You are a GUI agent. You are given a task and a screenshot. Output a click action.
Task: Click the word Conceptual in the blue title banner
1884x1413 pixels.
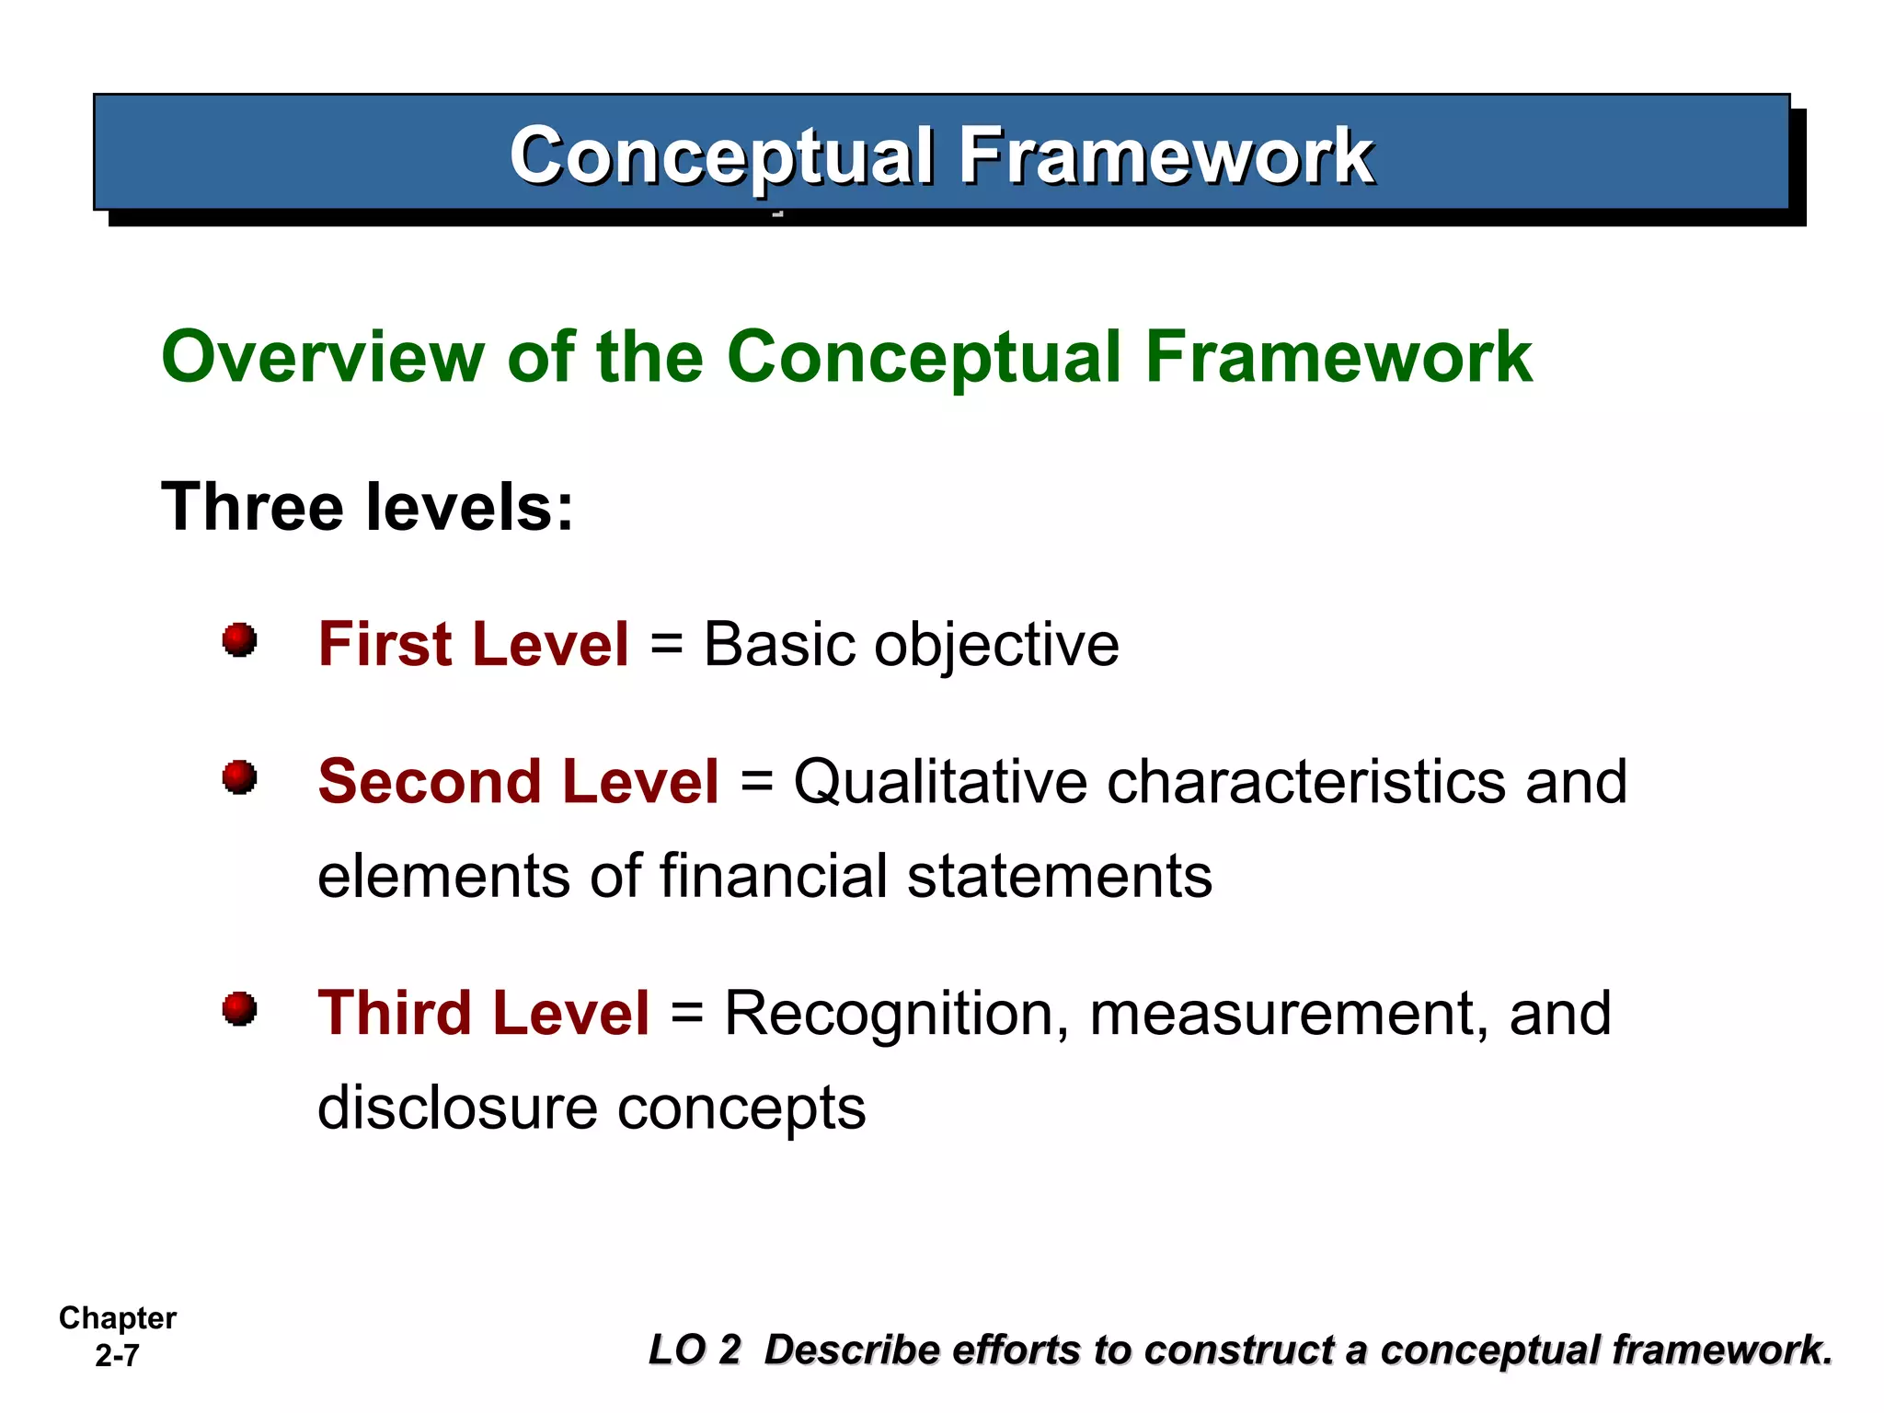pos(722,156)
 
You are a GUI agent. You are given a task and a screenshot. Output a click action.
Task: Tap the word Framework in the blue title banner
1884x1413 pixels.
pos(1166,156)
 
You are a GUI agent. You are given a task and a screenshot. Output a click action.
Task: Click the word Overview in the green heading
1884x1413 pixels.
pos(322,357)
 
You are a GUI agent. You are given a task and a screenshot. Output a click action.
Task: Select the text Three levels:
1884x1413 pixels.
pos(367,507)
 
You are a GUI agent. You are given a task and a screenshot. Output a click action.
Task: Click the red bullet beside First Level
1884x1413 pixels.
pos(239,639)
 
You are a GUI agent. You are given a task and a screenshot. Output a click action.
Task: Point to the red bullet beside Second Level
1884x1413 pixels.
pos(239,777)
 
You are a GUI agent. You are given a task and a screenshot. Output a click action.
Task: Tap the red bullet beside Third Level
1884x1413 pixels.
pos(239,1008)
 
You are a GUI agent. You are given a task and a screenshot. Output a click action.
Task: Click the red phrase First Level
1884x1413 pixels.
pos(474,644)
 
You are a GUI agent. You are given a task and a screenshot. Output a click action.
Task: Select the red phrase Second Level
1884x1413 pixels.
pos(518,782)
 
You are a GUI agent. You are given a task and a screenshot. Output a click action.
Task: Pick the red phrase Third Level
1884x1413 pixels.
pos(484,1014)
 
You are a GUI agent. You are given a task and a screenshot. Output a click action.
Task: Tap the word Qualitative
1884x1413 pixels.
pos(940,782)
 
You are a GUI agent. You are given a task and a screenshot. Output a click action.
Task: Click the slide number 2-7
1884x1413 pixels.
pos(117,1356)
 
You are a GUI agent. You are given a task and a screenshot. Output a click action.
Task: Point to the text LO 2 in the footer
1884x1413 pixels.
pos(695,1350)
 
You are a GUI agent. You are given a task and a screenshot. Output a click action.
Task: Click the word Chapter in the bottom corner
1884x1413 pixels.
pos(118,1318)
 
